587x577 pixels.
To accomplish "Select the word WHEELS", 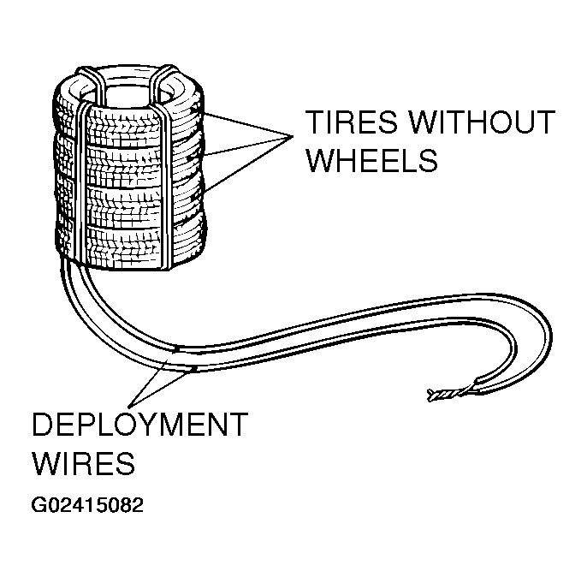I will click(371, 160).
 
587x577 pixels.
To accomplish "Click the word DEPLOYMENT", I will click(139, 426).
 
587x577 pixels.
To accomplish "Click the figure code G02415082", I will click(87, 504).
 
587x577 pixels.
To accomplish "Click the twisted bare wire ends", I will click(443, 395).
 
